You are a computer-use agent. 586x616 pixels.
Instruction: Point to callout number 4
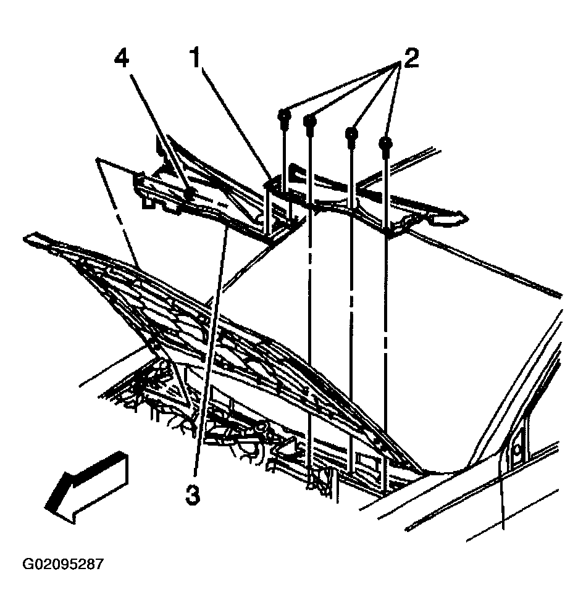[123, 62]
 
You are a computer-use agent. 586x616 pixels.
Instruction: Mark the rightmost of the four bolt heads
[386, 144]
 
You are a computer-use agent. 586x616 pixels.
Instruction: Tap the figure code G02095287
[63, 564]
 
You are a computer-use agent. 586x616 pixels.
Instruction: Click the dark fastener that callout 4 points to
[190, 194]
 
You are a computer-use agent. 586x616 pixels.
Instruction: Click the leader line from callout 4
[157, 130]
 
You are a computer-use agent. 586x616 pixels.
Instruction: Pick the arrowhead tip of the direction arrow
[48, 507]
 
